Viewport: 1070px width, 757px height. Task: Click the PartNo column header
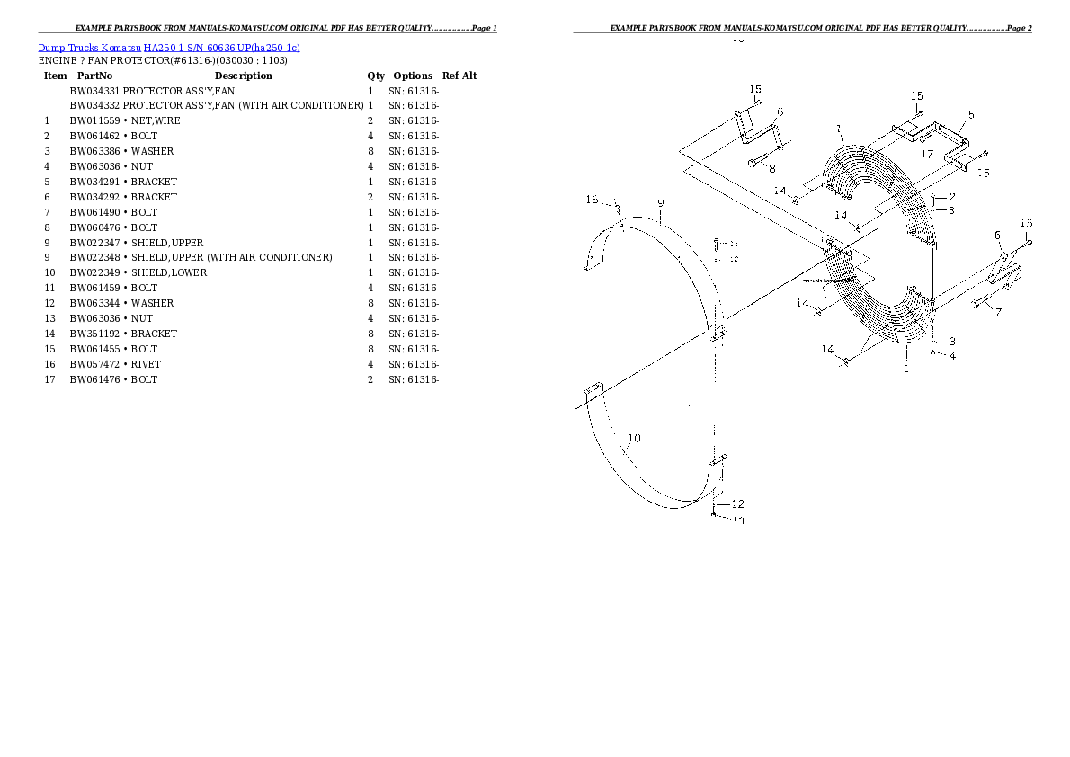(94, 76)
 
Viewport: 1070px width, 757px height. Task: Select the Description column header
(243, 76)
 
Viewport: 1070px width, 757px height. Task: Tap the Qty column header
(376, 76)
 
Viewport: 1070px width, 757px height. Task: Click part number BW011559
(94, 121)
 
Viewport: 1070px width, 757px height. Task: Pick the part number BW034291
(94, 182)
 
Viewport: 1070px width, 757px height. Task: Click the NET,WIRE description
(155, 121)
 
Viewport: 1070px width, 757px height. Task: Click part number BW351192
(94, 334)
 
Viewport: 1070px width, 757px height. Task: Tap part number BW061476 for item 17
(94, 379)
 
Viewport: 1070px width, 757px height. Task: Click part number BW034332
(94, 106)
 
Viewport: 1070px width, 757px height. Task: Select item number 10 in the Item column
(49, 273)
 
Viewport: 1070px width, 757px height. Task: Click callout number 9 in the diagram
(660, 203)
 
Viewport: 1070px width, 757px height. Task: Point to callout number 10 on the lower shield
(634, 439)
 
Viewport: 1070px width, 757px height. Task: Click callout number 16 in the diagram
(591, 200)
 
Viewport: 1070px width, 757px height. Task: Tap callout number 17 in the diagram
(927, 154)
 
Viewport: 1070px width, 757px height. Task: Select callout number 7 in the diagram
(998, 312)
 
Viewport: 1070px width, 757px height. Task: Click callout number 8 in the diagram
(771, 167)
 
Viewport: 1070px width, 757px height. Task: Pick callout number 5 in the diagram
(971, 115)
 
